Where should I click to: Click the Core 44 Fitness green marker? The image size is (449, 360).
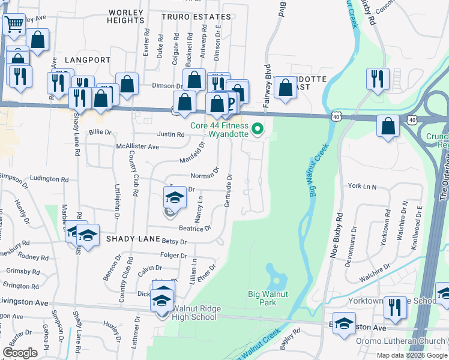coord(258,128)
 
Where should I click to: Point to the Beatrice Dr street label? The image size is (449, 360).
coord(195,228)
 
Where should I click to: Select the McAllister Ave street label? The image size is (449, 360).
coord(137,146)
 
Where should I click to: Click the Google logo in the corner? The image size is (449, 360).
coord(20,352)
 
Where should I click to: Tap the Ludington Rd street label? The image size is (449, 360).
coord(49,179)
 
